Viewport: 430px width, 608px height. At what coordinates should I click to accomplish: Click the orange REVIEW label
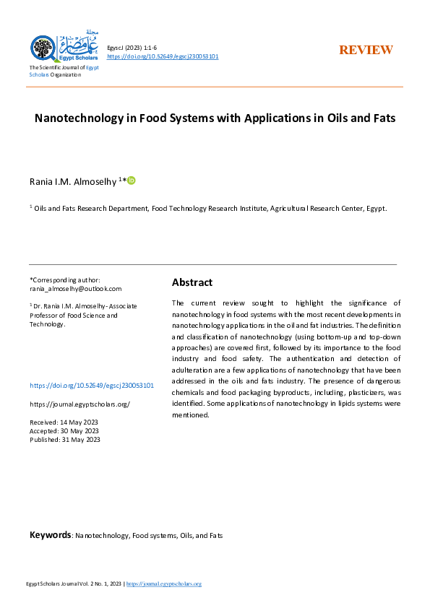coord(366,50)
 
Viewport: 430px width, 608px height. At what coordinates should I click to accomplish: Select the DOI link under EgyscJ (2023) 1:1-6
coord(163,56)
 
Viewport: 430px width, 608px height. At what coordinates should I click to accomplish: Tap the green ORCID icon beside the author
coord(132,180)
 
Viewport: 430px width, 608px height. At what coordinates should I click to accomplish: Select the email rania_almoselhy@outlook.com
coord(76,288)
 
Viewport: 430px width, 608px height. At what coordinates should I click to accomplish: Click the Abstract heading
coord(192,282)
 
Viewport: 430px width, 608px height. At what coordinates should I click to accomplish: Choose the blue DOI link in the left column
coord(92,386)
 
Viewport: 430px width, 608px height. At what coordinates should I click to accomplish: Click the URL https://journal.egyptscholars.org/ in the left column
coord(79,404)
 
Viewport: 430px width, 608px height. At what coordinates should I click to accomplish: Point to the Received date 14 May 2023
coord(64,422)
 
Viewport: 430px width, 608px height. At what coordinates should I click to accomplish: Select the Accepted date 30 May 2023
coord(64,430)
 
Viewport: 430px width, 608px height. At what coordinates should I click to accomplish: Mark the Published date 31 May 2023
coord(64,439)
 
